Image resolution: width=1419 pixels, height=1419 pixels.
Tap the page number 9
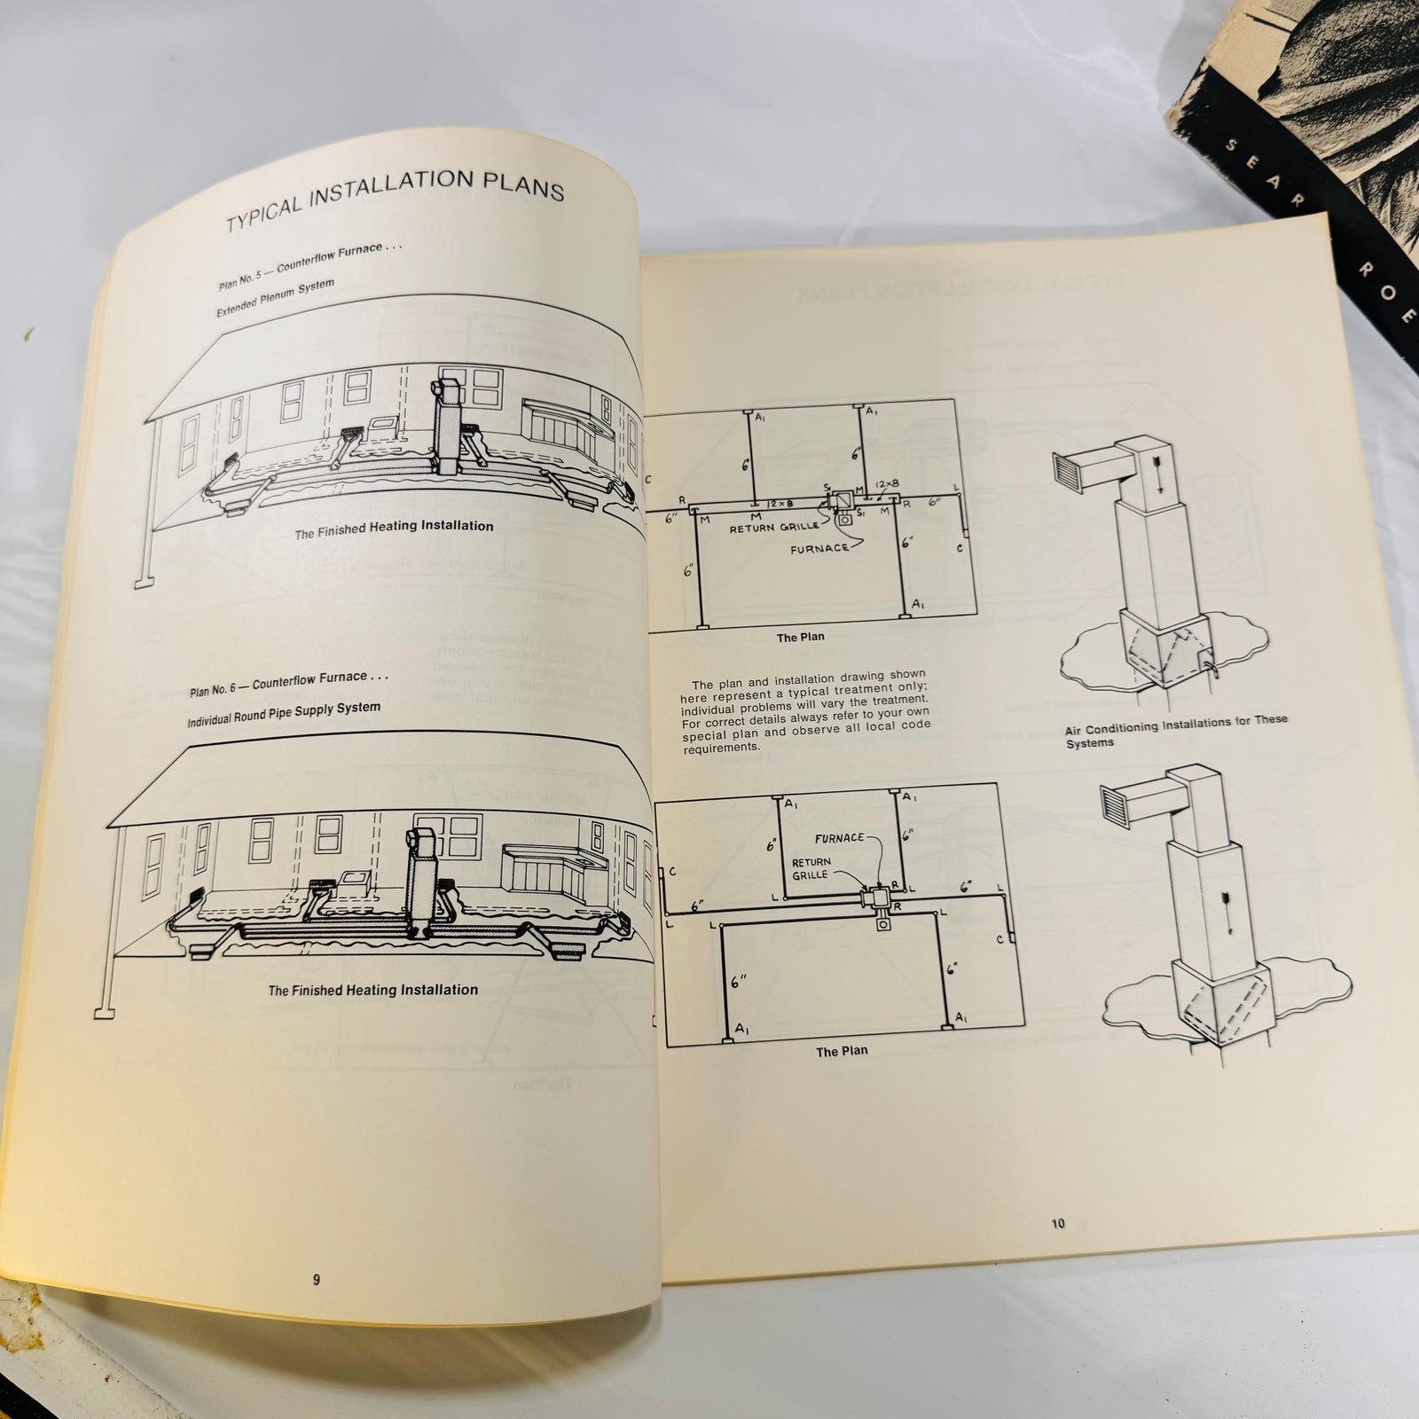coord(317,1280)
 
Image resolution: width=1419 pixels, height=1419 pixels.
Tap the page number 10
coord(1057,1224)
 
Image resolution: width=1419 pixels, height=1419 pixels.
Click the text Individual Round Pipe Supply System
coord(284,714)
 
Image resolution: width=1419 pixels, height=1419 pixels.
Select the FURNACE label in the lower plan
coord(840,837)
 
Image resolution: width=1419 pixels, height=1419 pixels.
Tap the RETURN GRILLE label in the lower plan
coord(811,867)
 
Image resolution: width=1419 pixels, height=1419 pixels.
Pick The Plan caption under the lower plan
coord(841,1050)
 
